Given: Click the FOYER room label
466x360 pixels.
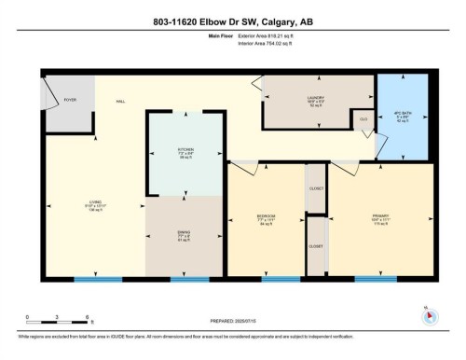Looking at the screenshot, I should click(x=69, y=99).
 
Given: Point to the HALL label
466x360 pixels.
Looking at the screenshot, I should click(x=121, y=101).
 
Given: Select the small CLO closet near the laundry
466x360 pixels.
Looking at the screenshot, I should click(x=362, y=118).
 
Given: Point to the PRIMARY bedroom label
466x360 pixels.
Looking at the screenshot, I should click(x=379, y=220).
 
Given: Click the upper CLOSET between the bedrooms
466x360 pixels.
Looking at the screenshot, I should click(x=316, y=188).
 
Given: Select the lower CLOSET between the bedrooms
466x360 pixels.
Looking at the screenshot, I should click(x=316, y=246).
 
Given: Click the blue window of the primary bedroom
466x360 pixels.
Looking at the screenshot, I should click(x=376, y=278).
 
